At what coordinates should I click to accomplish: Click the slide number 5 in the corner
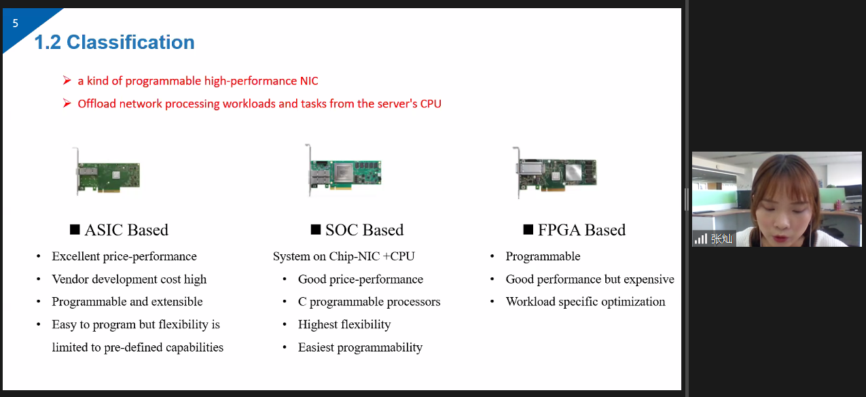coord(16,23)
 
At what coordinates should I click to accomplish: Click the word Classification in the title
coord(130,42)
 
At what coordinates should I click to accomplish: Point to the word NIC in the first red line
coord(309,81)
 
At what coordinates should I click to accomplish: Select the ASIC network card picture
coord(107,171)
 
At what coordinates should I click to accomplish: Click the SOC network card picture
coord(343,170)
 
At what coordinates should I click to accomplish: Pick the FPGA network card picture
coord(554,172)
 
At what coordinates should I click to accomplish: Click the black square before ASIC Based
coord(75,230)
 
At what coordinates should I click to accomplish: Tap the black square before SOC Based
coord(316,230)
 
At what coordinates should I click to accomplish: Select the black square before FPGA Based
coord(528,230)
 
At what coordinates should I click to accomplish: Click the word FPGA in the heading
coord(559,230)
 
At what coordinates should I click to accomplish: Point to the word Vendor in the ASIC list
coord(71,279)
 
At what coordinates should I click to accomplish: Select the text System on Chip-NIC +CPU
coord(344,256)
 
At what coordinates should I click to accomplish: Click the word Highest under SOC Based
coord(318,324)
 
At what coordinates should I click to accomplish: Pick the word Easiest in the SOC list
coord(316,347)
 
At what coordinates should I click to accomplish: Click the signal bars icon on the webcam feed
coord(700,239)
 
